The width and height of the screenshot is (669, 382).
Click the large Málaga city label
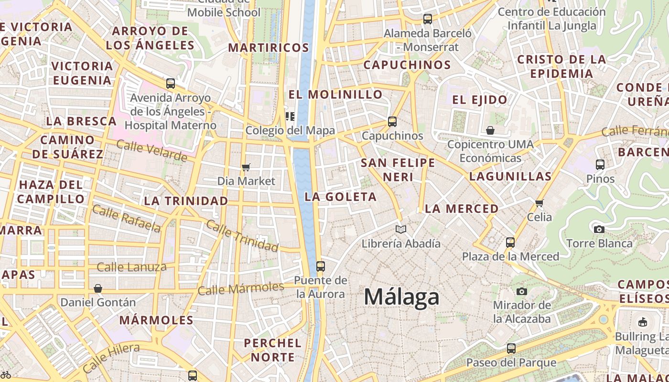[401, 297]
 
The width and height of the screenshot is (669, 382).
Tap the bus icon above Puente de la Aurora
[320, 266]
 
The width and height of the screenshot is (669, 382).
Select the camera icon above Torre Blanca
[599, 229]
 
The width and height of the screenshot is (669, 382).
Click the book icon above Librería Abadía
[401, 229]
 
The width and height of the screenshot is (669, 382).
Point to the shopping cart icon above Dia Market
[246, 167]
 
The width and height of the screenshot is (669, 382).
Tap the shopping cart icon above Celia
[540, 203]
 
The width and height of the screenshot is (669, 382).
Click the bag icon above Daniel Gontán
[98, 288]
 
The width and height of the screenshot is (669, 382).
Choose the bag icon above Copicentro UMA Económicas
[490, 130]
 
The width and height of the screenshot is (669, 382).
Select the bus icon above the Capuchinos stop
[392, 122]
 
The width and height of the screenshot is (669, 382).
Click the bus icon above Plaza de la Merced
[510, 242]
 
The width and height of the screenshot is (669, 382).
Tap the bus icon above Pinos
[600, 165]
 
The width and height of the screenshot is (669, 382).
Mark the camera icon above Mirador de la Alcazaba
[522, 291]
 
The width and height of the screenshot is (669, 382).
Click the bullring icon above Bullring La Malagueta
[642, 322]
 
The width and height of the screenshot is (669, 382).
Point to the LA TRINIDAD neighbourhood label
[186, 201]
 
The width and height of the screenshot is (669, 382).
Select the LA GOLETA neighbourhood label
[341, 197]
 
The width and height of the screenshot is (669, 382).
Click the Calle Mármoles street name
[241, 288]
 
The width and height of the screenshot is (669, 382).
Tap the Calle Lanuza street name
[131, 267]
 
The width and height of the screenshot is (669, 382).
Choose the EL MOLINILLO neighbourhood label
[335, 95]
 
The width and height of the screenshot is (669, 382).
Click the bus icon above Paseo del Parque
[511, 349]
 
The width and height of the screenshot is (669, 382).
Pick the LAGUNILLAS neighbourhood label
[510, 176]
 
